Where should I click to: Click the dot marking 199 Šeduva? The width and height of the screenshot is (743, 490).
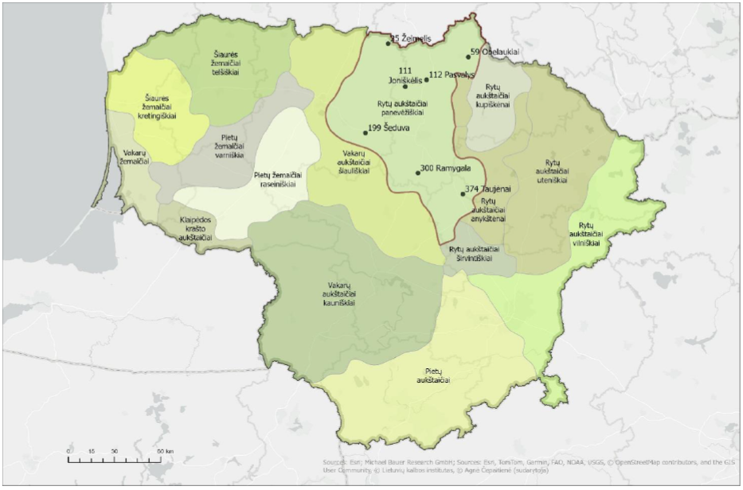pyautogui.click(x=366, y=132)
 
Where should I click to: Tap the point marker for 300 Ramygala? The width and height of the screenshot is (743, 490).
pyautogui.click(x=417, y=173)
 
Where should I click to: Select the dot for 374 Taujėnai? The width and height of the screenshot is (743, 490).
pyautogui.click(x=463, y=193)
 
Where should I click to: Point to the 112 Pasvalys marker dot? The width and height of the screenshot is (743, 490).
pyautogui.click(x=427, y=80)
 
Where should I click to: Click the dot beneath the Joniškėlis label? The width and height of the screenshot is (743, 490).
pyautogui.click(x=405, y=87)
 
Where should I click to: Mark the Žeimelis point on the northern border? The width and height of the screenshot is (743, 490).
pyautogui.click(x=388, y=44)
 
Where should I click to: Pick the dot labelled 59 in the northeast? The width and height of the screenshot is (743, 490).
pyautogui.click(x=468, y=56)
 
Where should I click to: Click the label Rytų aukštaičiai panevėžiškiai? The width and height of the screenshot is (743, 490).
pyautogui.click(x=405, y=108)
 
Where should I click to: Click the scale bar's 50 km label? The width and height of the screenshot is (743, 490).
pyautogui.click(x=164, y=452)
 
